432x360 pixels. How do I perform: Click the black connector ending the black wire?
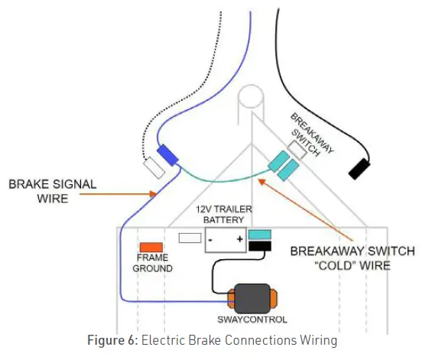(359, 169)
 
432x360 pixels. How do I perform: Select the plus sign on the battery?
(239, 239)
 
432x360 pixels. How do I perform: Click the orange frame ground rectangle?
(150, 248)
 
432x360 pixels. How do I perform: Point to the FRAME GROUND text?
(153, 264)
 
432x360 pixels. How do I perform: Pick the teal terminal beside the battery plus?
(260, 234)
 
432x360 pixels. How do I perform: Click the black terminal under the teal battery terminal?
(260, 246)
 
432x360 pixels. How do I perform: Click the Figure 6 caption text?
(217, 339)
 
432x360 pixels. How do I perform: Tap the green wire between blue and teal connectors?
(222, 181)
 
